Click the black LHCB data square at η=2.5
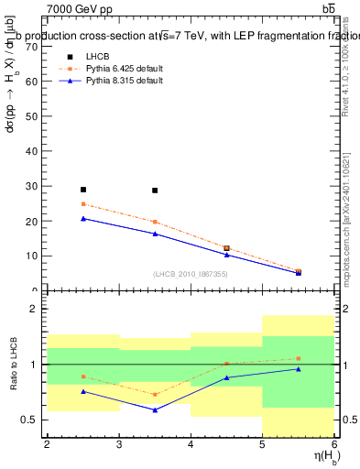coord(83,190)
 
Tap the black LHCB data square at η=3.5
coord(155,191)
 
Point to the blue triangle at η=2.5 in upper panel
coord(83,218)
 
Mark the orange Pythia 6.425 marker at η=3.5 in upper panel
coord(155,222)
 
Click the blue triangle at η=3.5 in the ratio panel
coord(155,409)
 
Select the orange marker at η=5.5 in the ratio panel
coord(299,358)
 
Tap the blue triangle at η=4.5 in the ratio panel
coord(226,377)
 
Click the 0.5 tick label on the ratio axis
coord(28,420)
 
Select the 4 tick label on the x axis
coord(191,445)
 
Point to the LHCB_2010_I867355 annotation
coord(191,274)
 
